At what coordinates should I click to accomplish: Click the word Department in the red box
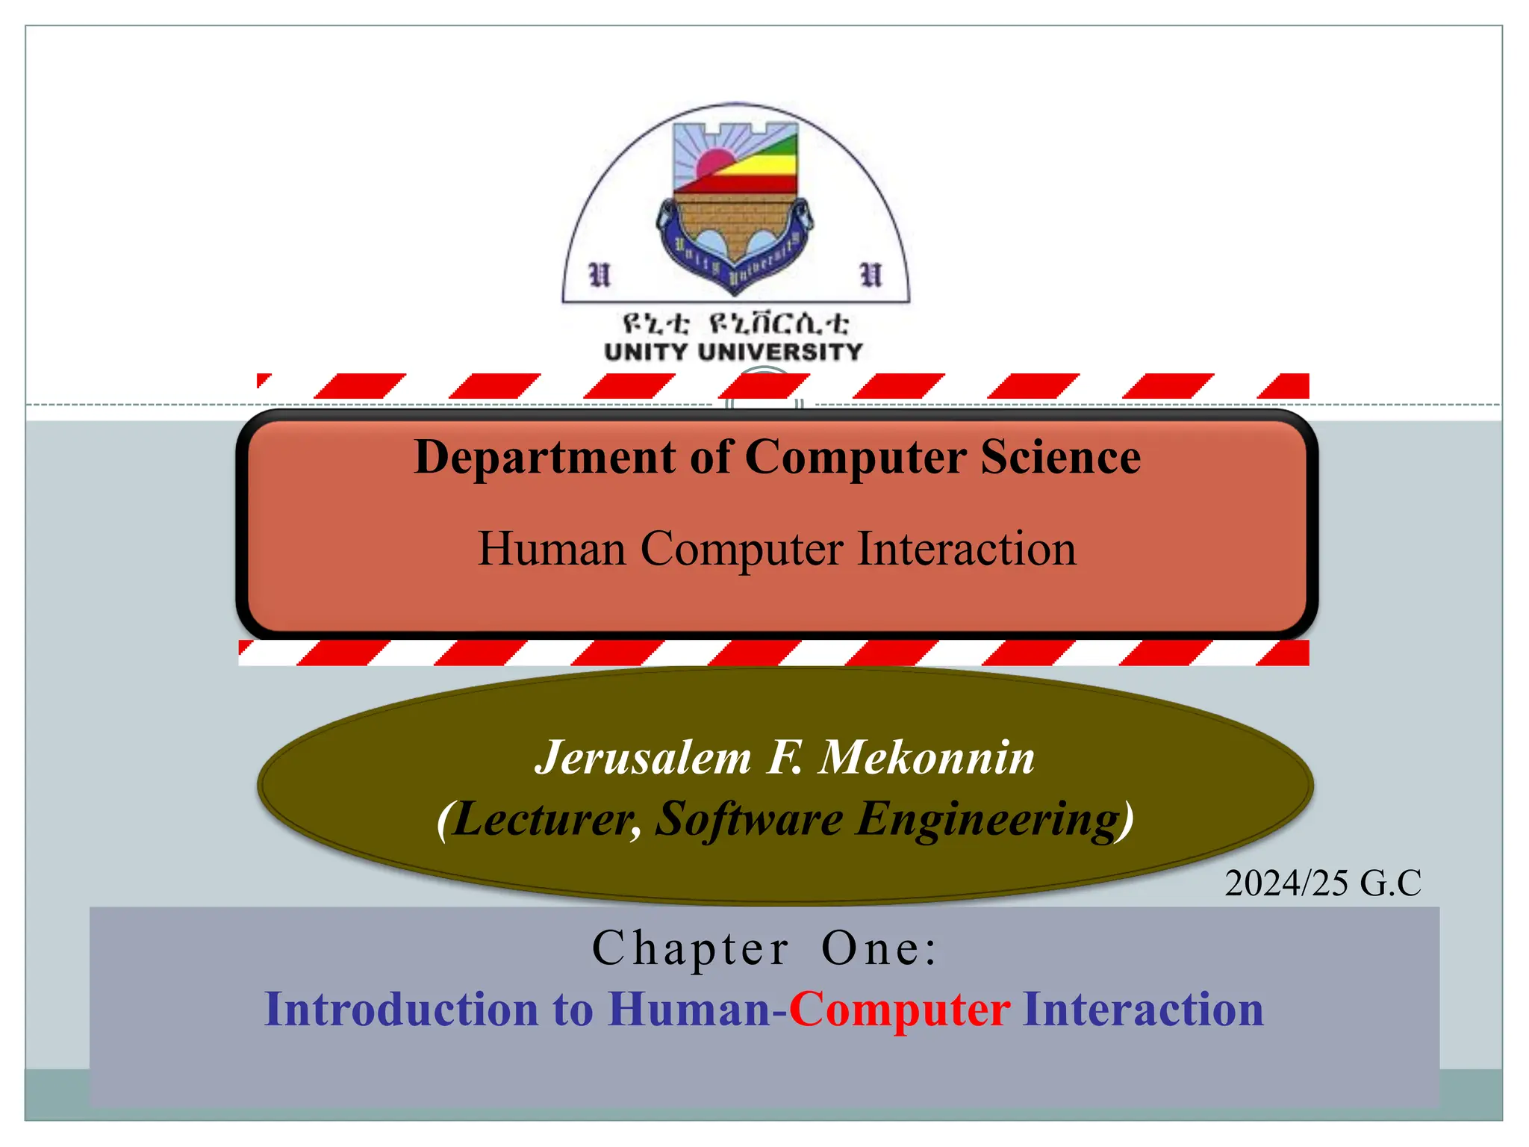[x=544, y=457]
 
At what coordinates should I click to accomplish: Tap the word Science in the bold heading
[x=1060, y=457]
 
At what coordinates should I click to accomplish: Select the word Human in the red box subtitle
[x=552, y=549]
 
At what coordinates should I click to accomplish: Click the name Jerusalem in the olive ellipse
[x=644, y=757]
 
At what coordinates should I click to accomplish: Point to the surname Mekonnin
[x=927, y=757]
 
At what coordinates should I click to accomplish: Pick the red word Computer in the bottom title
[x=900, y=1009]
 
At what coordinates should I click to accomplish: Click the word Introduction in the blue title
[x=402, y=1009]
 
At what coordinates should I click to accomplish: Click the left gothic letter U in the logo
[x=600, y=275]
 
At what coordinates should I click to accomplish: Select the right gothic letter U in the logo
[x=871, y=275]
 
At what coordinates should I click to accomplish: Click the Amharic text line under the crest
[x=735, y=324]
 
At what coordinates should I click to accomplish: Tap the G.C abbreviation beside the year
[x=1390, y=883]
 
